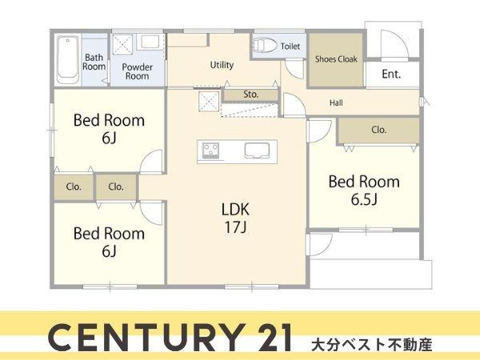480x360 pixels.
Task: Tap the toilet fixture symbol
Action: tap(265, 46)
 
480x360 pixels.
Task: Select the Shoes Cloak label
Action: tap(336, 59)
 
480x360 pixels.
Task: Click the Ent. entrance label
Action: tap(391, 74)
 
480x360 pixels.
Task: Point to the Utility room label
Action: tap(222, 65)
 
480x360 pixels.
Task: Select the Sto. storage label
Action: tap(250, 94)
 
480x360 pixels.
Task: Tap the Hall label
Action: tap(338, 103)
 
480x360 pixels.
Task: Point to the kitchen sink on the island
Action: tap(257, 150)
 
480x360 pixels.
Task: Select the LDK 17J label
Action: tap(236, 216)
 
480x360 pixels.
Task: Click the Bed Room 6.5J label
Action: tap(364, 189)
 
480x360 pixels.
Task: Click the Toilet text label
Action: tap(290, 46)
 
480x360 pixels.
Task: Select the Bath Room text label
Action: tap(94, 62)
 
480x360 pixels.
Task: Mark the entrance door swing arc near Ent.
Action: tap(393, 45)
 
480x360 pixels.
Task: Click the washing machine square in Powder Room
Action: tap(122, 44)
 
